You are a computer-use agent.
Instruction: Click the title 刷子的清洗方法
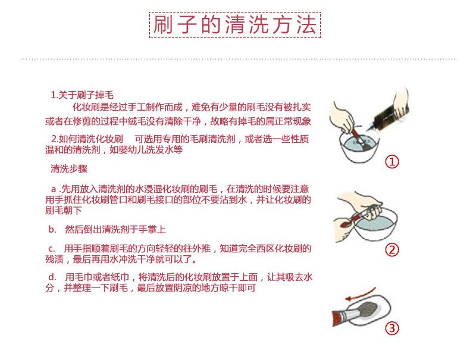pos(234,24)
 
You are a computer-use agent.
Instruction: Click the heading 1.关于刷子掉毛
pos(82,95)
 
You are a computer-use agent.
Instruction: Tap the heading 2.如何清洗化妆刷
pos(87,139)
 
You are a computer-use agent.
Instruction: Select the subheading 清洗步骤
pos(69,168)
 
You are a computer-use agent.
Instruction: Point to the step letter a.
pos(54,189)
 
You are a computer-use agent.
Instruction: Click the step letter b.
pos(52,230)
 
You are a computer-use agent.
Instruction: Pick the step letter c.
pos(52,249)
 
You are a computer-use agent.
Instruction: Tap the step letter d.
pos(52,277)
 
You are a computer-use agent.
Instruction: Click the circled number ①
pos(392,162)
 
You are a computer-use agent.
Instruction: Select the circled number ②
pos(392,250)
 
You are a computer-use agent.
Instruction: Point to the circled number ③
pos(392,328)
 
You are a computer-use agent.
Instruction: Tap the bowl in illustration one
pos(360,148)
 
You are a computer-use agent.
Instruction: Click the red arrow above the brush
pos(360,294)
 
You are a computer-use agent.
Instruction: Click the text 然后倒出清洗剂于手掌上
pos(115,230)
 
